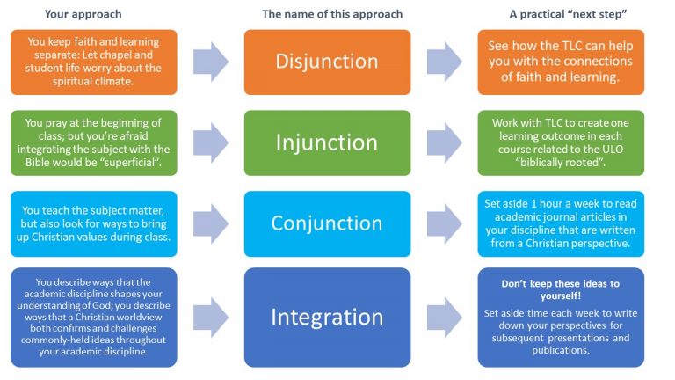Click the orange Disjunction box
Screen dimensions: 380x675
coord(327,62)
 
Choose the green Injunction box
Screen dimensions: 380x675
coord(327,142)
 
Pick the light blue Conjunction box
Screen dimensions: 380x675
coord(327,223)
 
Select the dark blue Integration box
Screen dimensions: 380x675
coord(327,317)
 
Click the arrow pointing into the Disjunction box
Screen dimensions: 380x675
coord(211,62)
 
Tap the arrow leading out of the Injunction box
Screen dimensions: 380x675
coord(445,142)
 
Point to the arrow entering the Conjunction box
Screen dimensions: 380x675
coord(211,223)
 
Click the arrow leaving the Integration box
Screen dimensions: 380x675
coord(445,317)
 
